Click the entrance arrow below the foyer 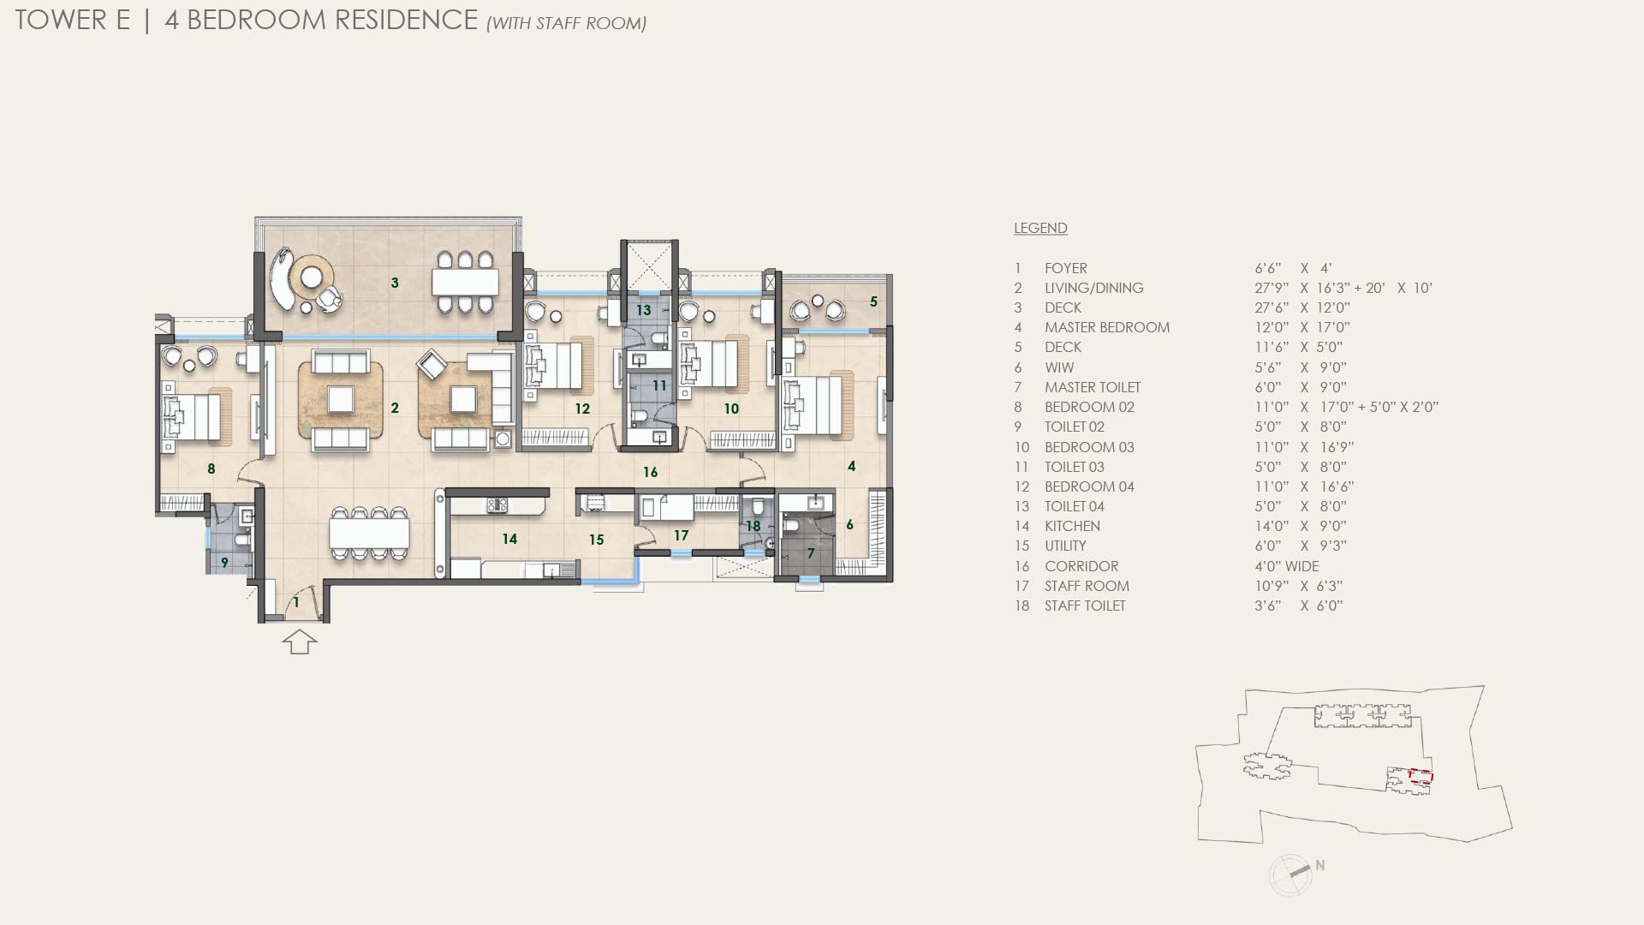pos(300,642)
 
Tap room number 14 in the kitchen pos(509,539)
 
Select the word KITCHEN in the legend pos(1072,526)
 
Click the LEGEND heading pos(1040,228)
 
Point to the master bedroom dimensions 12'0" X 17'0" pos(1301,327)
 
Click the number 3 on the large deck pos(395,283)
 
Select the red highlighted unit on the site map pos(1421,777)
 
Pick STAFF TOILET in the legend pos(1085,606)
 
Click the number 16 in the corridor pos(651,472)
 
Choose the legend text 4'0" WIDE pos(1287,566)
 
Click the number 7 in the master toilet pos(811,553)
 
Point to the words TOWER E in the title pos(73,20)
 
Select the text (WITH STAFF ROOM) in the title pos(566,23)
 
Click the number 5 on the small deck pos(873,301)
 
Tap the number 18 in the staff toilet pos(753,526)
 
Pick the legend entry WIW pos(1059,367)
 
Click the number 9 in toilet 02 pos(224,563)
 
